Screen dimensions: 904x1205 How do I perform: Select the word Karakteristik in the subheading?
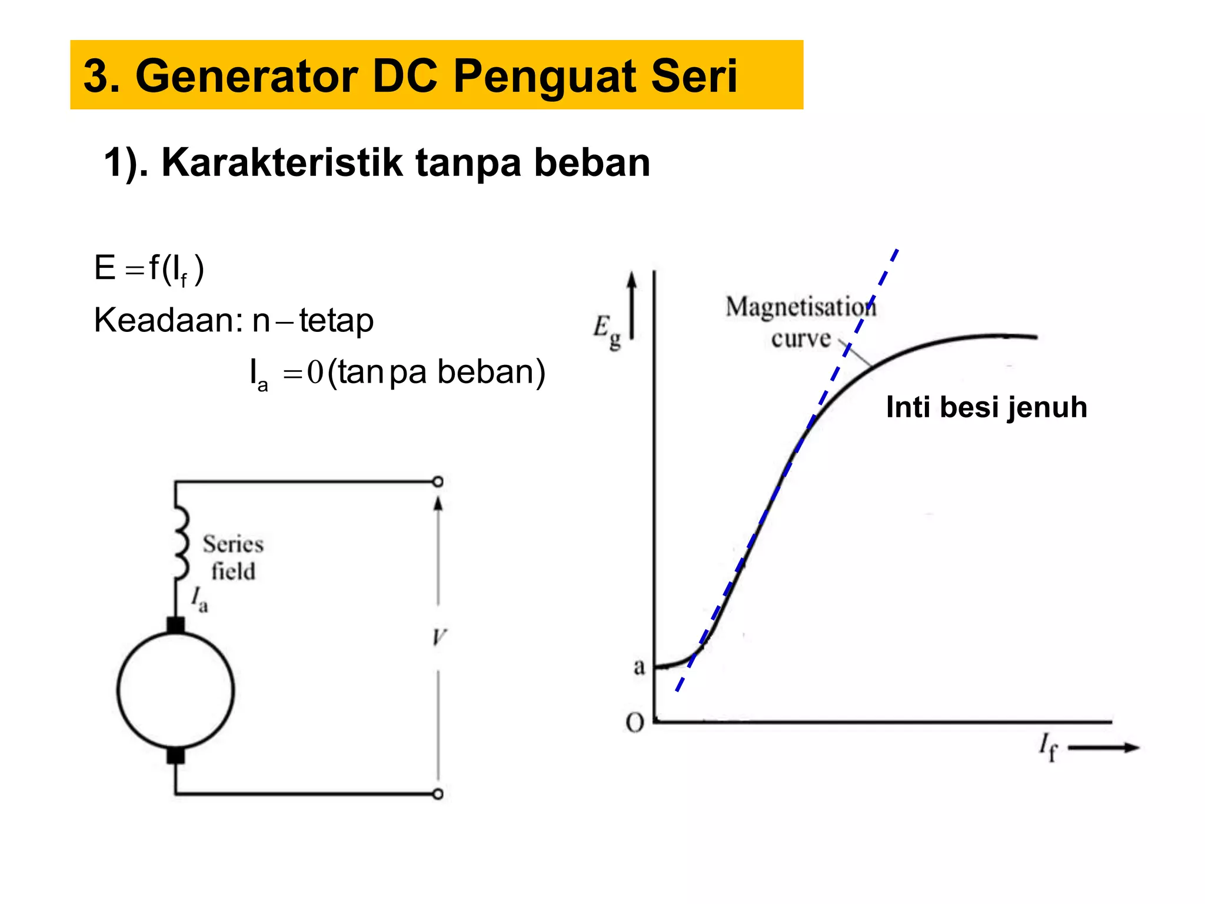point(282,162)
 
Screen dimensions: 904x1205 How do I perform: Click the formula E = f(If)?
point(149,270)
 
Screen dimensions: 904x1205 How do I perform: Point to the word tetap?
point(336,321)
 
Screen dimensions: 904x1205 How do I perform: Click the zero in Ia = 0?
point(315,373)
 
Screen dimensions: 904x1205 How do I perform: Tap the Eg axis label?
point(607,331)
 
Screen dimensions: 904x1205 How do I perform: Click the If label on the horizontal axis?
point(1048,747)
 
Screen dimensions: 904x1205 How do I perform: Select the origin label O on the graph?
point(635,723)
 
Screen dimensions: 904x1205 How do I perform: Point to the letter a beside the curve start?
point(639,667)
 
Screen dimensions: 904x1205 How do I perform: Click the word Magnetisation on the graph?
point(800,307)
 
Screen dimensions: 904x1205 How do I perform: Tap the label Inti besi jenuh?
point(986,407)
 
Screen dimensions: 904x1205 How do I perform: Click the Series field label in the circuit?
point(233,557)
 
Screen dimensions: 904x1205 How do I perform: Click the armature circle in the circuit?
point(175,690)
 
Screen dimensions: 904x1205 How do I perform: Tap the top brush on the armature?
point(175,624)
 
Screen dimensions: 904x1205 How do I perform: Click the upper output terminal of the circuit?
point(438,482)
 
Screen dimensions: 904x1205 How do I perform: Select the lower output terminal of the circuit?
point(438,794)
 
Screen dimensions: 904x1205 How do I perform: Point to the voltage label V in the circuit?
point(439,637)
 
